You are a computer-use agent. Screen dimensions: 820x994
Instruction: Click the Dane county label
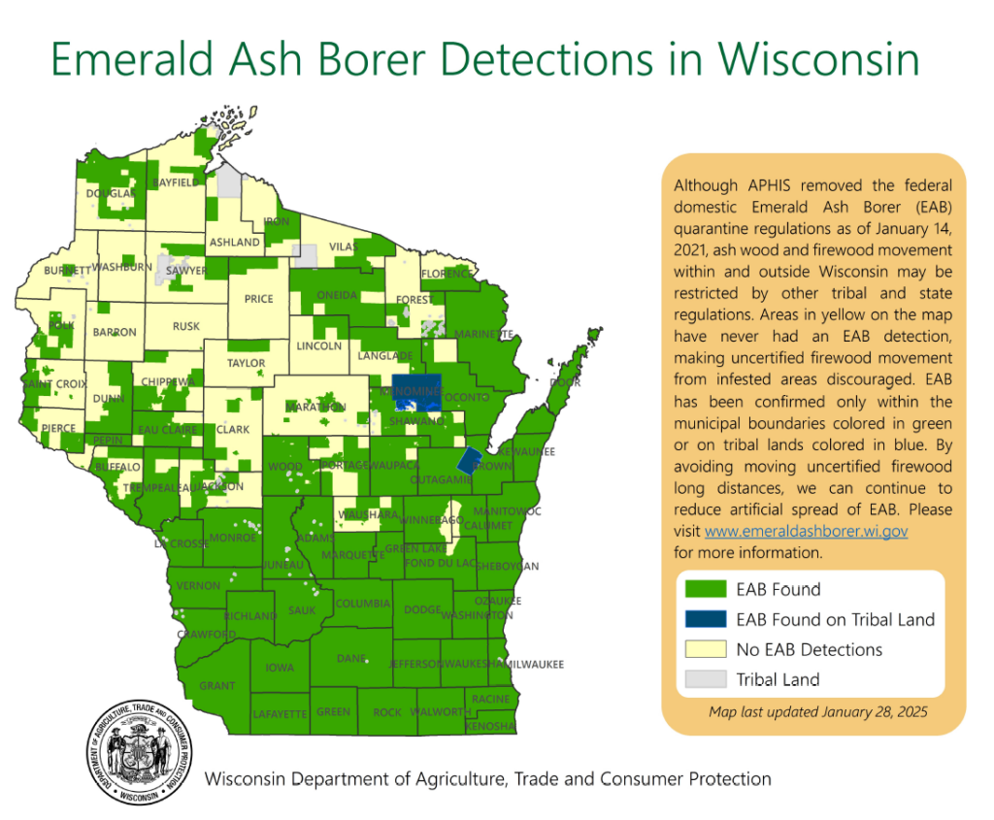click(x=350, y=659)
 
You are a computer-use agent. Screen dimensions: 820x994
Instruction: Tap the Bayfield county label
click(x=175, y=182)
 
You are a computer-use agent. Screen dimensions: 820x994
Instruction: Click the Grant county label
click(x=217, y=686)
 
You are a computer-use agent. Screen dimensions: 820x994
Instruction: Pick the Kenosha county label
click(x=490, y=727)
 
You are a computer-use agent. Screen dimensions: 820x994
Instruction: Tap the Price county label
click(x=258, y=299)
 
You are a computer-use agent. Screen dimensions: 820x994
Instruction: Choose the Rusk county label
click(x=186, y=327)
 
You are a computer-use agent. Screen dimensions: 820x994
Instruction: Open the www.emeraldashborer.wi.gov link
click(x=806, y=532)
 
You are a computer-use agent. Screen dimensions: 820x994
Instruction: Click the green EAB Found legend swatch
click(x=705, y=589)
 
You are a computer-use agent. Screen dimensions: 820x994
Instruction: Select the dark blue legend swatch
click(x=705, y=619)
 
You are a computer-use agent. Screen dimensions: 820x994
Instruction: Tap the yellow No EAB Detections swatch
click(x=705, y=649)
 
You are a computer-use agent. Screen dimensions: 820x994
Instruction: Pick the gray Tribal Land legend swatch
click(x=705, y=679)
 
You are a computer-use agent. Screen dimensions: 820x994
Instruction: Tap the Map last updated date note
click(x=818, y=711)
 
